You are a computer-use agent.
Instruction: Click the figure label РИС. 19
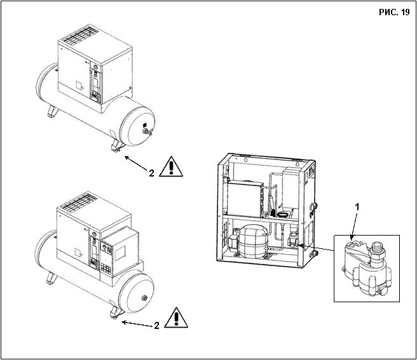click(394, 13)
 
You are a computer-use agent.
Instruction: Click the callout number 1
click(358, 207)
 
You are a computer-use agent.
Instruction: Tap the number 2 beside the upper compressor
click(151, 173)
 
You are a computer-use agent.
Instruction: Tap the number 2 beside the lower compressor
click(156, 326)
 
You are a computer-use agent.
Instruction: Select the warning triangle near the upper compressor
click(171, 166)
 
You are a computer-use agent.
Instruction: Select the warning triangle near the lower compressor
click(176, 317)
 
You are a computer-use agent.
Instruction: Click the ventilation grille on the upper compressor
click(78, 36)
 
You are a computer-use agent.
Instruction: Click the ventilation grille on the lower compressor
click(78, 202)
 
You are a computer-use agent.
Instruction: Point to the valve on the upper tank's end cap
click(147, 131)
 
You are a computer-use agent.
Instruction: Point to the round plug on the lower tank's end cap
click(144, 297)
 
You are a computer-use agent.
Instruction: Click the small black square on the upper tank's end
click(145, 125)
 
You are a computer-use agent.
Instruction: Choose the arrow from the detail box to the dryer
click(316, 248)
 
